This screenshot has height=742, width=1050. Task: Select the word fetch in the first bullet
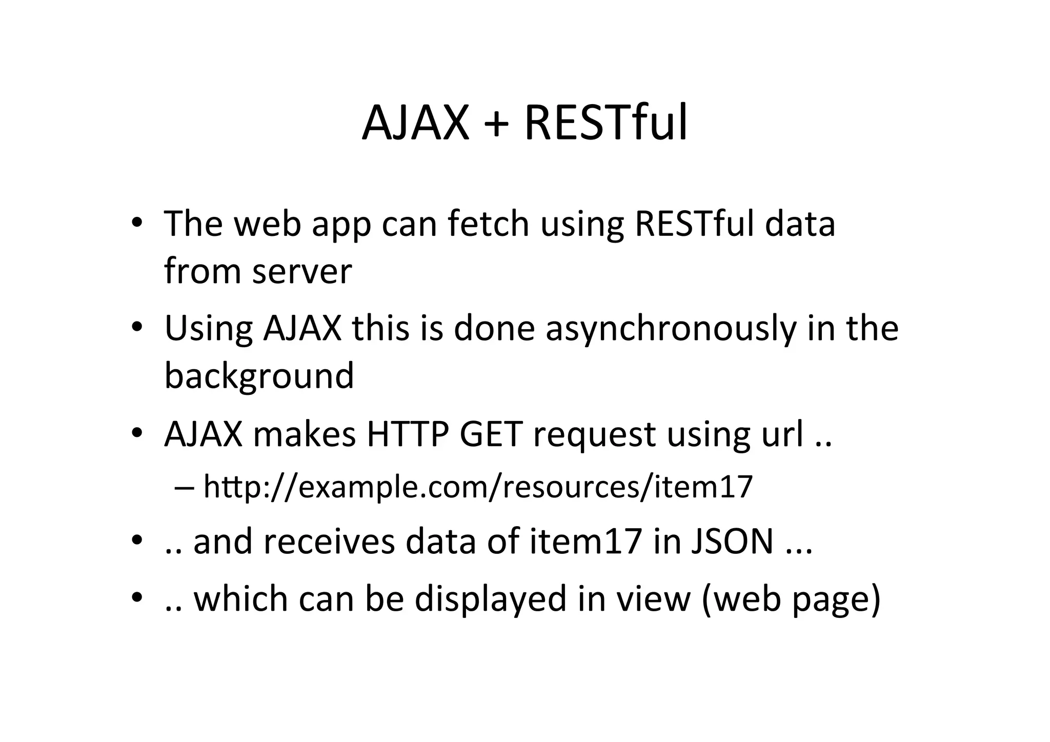click(x=488, y=224)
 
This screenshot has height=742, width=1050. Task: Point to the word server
click(x=302, y=271)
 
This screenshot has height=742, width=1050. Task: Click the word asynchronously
click(x=671, y=329)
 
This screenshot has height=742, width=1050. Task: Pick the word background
click(x=259, y=376)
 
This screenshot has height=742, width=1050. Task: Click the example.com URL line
click(x=478, y=487)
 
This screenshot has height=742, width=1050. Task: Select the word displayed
click(x=490, y=598)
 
